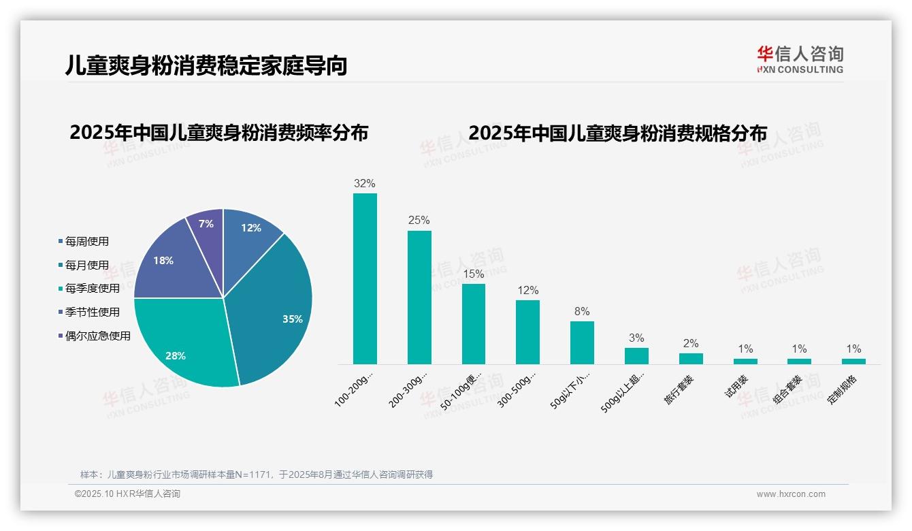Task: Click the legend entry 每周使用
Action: (86, 242)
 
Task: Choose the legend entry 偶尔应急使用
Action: (97, 336)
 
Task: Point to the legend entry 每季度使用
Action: (92, 289)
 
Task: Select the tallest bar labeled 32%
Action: (365, 278)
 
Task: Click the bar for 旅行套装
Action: (691, 359)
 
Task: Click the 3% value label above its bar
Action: (636, 338)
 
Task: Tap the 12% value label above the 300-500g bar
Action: (527, 291)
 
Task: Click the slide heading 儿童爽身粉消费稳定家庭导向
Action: (206, 65)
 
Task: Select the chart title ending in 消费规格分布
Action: (617, 133)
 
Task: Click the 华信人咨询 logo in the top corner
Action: (800, 59)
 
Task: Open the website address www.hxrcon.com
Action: (791, 494)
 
